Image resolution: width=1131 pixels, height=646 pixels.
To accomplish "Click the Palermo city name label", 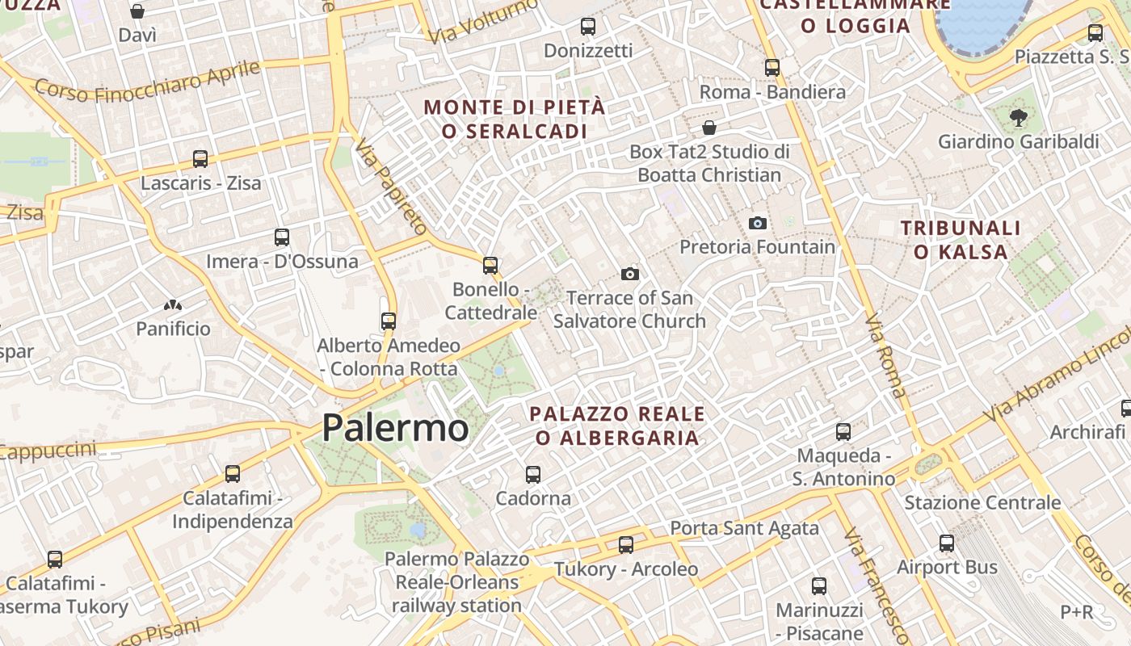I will pos(395,428).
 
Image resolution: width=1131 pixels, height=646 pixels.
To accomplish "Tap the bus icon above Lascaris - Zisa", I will pos(200,159).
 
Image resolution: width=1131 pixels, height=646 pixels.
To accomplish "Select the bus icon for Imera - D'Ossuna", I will pos(281,237).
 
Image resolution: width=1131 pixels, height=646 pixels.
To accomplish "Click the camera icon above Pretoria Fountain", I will pos(757,223).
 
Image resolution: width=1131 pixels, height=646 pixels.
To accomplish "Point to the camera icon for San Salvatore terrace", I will pos(630,275).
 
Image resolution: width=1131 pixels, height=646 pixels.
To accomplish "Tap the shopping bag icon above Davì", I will pos(137,11).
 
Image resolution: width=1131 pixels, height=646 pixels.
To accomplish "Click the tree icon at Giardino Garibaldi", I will pos(1018,118).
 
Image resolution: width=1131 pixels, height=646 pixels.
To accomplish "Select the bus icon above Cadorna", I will pos(533,475).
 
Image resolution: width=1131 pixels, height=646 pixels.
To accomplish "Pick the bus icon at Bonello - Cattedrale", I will pos(490,265).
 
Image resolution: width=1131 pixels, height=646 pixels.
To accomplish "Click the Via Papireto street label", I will pos(390,186).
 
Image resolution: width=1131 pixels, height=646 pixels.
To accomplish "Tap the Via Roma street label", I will pos(886,355).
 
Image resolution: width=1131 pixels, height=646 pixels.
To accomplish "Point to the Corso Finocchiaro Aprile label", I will pos(147,82).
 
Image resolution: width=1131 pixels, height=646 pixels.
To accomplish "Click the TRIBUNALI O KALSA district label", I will pos(961,240).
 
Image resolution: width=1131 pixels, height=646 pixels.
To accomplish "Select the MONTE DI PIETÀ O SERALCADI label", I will pos(514,119).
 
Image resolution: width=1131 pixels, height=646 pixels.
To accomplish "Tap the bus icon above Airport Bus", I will pos(947,543).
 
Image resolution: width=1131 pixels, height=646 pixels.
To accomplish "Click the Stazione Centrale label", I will pos(982,502).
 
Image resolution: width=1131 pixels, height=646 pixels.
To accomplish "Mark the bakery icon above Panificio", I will pos(173,305).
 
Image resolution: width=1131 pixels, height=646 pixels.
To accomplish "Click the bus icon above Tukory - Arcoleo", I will pos(626,545).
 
